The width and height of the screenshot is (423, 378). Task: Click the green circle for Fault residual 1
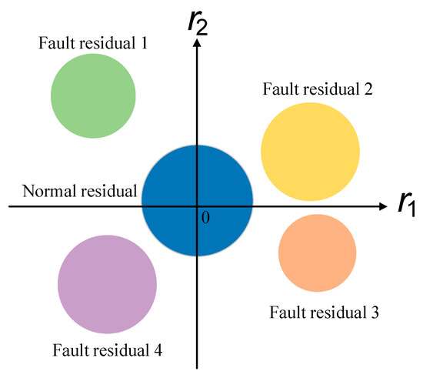tap(93, 95)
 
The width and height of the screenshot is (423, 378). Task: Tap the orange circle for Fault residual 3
tap(317, 253)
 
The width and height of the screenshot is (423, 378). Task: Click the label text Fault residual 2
tap(318, 89)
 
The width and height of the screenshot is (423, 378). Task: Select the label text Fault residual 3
tap(324, 313)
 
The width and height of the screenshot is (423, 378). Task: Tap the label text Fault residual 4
tap(107, 351)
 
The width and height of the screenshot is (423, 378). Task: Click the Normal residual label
tap(80, 191)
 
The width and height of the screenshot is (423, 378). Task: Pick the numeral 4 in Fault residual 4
tap(158, 351)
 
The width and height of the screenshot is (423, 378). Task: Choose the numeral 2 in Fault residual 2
tap(369, 89)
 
